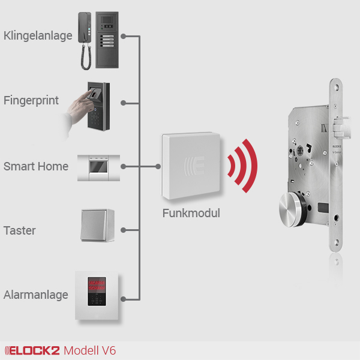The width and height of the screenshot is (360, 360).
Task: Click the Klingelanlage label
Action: [x=38, y=35]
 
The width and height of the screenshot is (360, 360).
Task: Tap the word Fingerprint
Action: [x=31, y=100]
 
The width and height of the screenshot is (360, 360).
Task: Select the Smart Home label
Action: [x=36, y=166]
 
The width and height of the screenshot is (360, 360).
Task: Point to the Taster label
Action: [x=20, y=230]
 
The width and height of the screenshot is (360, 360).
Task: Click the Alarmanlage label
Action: [x=35, y=295]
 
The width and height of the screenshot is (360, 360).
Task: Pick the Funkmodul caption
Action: [x=191, y=213]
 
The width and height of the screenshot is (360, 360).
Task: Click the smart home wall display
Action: [x=98, y=166]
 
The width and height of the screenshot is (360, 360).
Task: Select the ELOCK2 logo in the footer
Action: [x=32, y=350]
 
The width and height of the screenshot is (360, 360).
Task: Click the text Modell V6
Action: [x=90, y=350]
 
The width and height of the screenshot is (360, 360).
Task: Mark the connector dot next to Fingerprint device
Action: [x=123, y=103]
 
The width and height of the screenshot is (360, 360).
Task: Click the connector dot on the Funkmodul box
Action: [x=158, y=166]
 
